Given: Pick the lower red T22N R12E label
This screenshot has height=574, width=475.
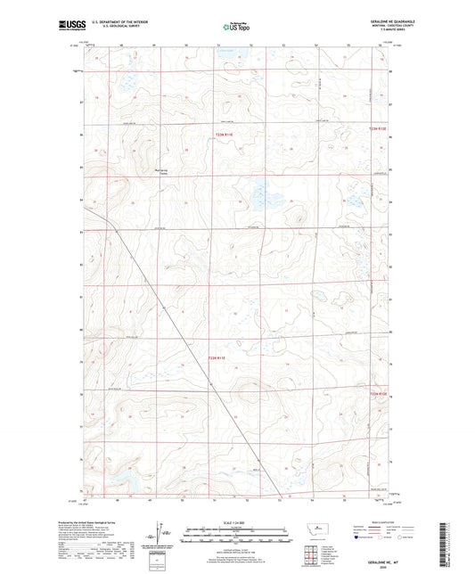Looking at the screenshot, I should [379, 393].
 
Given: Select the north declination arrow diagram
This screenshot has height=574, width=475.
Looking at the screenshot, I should [165, 537].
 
